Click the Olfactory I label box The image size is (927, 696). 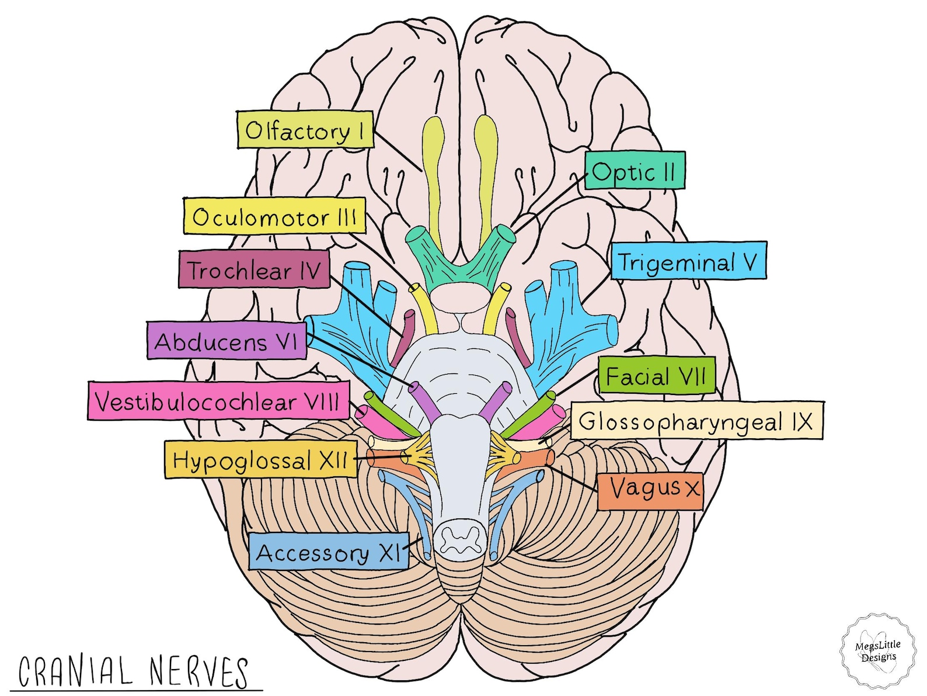[x=305, y=130]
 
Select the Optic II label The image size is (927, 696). [x=635, y=171]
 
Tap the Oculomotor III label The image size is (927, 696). [x=274, y=216]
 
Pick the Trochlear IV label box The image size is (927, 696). [x=254, y=269]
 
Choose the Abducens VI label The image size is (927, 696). [x=226, y=340]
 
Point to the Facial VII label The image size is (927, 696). [x=656, y=375]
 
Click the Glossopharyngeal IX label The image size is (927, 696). [x=696, y=421]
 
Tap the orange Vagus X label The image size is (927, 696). [x=650, y=490]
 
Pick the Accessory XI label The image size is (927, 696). [x=329, y=551]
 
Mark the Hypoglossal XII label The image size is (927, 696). [x=260, y=460]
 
